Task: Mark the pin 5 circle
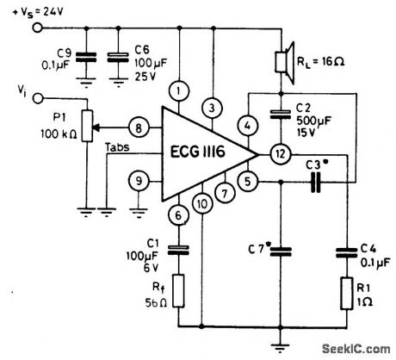[249, 182]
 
